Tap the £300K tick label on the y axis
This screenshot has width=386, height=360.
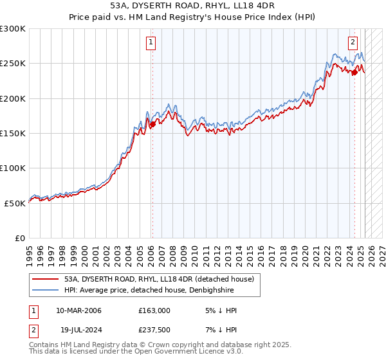click(13, 29)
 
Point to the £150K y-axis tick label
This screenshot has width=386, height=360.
click(13, 133)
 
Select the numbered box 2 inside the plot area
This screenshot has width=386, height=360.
click(353, 43)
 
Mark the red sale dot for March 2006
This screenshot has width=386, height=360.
click(152, 125)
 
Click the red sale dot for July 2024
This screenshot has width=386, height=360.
click(354, 72)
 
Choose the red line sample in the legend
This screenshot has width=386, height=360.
click(46, 280)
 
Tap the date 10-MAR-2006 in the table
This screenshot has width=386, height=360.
click(79, 311)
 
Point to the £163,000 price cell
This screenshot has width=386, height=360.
click(154, 311)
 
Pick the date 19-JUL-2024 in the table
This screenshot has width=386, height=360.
click(79, 329)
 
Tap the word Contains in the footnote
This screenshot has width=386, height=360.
click(44, 346)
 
